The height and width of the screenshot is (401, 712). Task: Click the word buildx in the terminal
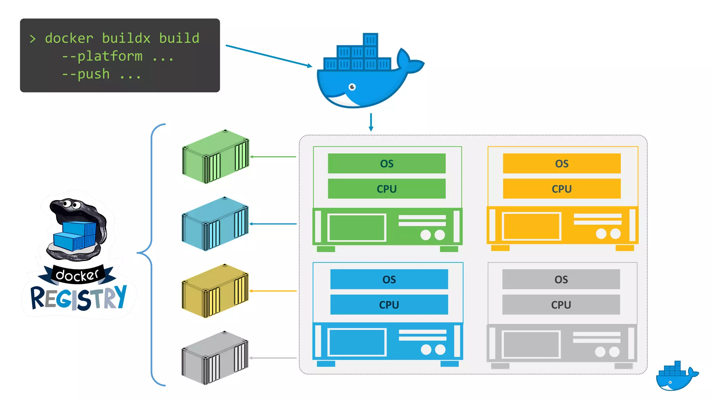click(x=126, y=38)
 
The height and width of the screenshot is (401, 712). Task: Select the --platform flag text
click(x=102, y=56)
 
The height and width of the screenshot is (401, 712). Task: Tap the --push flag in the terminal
click(x=86, y=74)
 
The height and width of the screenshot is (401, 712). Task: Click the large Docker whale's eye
click(x=352, y=87)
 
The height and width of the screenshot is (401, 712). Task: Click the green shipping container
click(x=216, y=157)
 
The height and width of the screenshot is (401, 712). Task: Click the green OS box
click(x=387, y=164)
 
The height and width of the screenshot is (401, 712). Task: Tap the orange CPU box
click(x=561, y=189)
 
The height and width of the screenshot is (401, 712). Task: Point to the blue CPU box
click(x=389, y=305)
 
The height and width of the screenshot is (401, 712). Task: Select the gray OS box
click(x=561, y=279)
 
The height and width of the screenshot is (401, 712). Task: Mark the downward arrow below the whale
click(x=371, y=122)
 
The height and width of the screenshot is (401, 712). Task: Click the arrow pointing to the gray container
click(x=273, y=358)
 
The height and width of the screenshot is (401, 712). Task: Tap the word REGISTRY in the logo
click(x=79, y=298)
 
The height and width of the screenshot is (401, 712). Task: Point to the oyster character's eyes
click(x=72, y=204)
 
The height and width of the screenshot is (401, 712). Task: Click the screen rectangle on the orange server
click(x=532, y=226)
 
